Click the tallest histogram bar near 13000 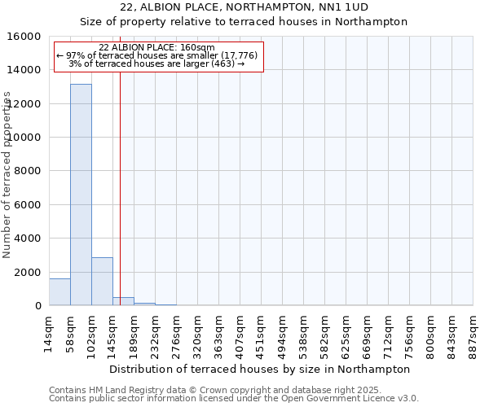[x=81, y=195]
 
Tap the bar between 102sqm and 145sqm [x=102, y=282]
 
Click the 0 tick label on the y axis [x=37, y=306]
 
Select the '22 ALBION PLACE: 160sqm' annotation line [x=156, y=47]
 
